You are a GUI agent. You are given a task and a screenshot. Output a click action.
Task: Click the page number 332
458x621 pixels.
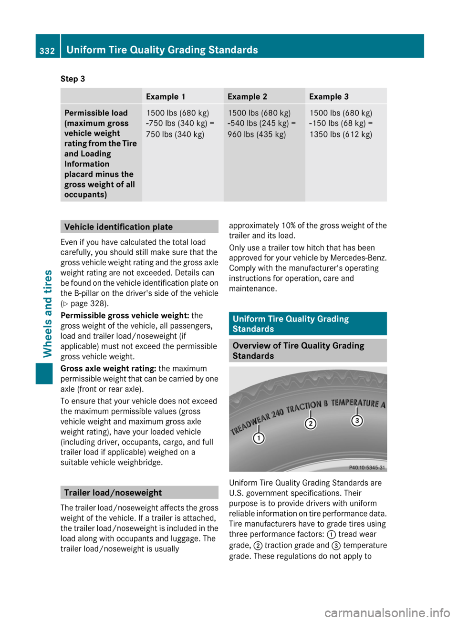click(47, 51)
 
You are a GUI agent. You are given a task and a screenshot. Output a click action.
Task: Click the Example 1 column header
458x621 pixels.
click(166, 96)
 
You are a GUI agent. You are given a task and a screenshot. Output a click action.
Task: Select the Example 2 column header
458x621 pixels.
click(247, 96)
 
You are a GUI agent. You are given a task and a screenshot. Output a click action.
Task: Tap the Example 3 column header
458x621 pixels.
click(329, 96)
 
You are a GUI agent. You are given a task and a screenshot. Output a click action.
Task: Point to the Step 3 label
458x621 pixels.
click(73, 79)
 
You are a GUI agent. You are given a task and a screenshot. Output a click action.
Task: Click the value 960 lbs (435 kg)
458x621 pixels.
click(257, 134)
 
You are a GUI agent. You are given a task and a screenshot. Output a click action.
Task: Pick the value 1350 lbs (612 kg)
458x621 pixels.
click(341, 134)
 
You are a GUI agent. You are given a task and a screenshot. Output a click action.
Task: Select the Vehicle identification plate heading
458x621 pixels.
click(118, 227)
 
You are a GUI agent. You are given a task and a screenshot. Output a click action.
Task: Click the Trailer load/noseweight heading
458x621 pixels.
click(113, 493)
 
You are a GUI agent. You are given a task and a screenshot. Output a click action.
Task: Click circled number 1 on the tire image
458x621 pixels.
click(259, 438)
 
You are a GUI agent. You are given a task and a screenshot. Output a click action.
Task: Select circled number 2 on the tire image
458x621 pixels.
click(311, 423)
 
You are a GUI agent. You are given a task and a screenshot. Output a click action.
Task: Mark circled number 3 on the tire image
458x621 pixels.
click(357, 420)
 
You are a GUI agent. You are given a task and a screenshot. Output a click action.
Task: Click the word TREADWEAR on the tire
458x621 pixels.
click(250, 423)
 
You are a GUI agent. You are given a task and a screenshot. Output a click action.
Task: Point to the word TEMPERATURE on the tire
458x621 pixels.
click(355, 403)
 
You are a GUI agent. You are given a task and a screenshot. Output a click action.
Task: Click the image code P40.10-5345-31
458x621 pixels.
click(366, 467)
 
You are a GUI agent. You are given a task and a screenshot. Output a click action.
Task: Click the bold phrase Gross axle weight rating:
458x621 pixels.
click(108, 368)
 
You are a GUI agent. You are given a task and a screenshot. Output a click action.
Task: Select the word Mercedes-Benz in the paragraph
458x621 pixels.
click(364, 258)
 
